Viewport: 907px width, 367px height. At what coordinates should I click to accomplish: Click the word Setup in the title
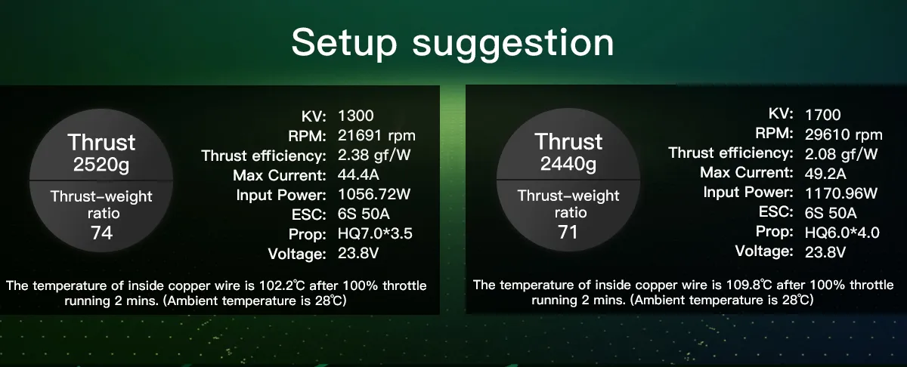(x=344, y=43)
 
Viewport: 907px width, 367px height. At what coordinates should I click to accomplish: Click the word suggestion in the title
(x=513, y=45)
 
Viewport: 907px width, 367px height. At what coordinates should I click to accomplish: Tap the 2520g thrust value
(x=101, y=165)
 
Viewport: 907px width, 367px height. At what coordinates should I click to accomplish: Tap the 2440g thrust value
(x=568, y=163)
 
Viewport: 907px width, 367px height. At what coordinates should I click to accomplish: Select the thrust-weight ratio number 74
(x=101, y=233)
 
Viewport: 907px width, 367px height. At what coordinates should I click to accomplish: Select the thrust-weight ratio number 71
(x=568, y=232)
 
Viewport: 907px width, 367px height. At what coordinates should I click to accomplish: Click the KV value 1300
(x=355, y=116)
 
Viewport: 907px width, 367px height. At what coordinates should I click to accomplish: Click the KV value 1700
(x=822, y=115)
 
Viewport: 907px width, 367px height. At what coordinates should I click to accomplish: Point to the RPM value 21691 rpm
(x=376, y=136)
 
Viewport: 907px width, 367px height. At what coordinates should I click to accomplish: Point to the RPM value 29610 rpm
(x=844, y=134)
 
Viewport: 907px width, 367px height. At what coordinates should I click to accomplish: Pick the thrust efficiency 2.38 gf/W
(x=374, y=155)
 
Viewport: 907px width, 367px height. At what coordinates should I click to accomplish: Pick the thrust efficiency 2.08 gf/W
(x=841, y=154)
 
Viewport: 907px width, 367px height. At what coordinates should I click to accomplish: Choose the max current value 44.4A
(x=358, y=174)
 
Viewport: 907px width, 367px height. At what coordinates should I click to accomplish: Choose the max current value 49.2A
(x=825, y=174)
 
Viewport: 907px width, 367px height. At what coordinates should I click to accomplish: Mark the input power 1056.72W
(x=374, y=194)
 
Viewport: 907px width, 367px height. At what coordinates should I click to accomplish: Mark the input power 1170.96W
(x=841, y=193)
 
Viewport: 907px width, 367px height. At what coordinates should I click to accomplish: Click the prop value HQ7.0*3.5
(x=375, y=233)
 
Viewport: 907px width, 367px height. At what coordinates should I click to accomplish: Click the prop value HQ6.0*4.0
(x=842, y=233)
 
